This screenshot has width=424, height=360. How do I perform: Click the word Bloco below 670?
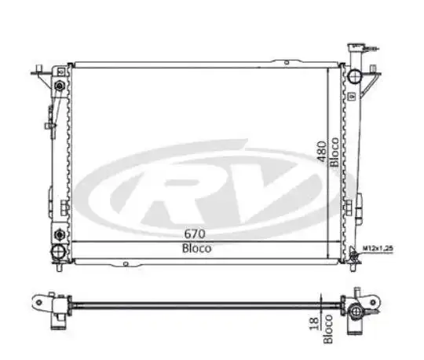tap(196, 248)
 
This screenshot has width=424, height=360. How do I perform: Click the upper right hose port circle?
tap(353, 76)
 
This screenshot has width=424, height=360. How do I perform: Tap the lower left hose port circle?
tap(58, 252)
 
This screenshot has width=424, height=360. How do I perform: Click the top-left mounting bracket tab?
tap(35, 72)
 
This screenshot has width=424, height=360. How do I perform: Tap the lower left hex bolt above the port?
tap(60, 235)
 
